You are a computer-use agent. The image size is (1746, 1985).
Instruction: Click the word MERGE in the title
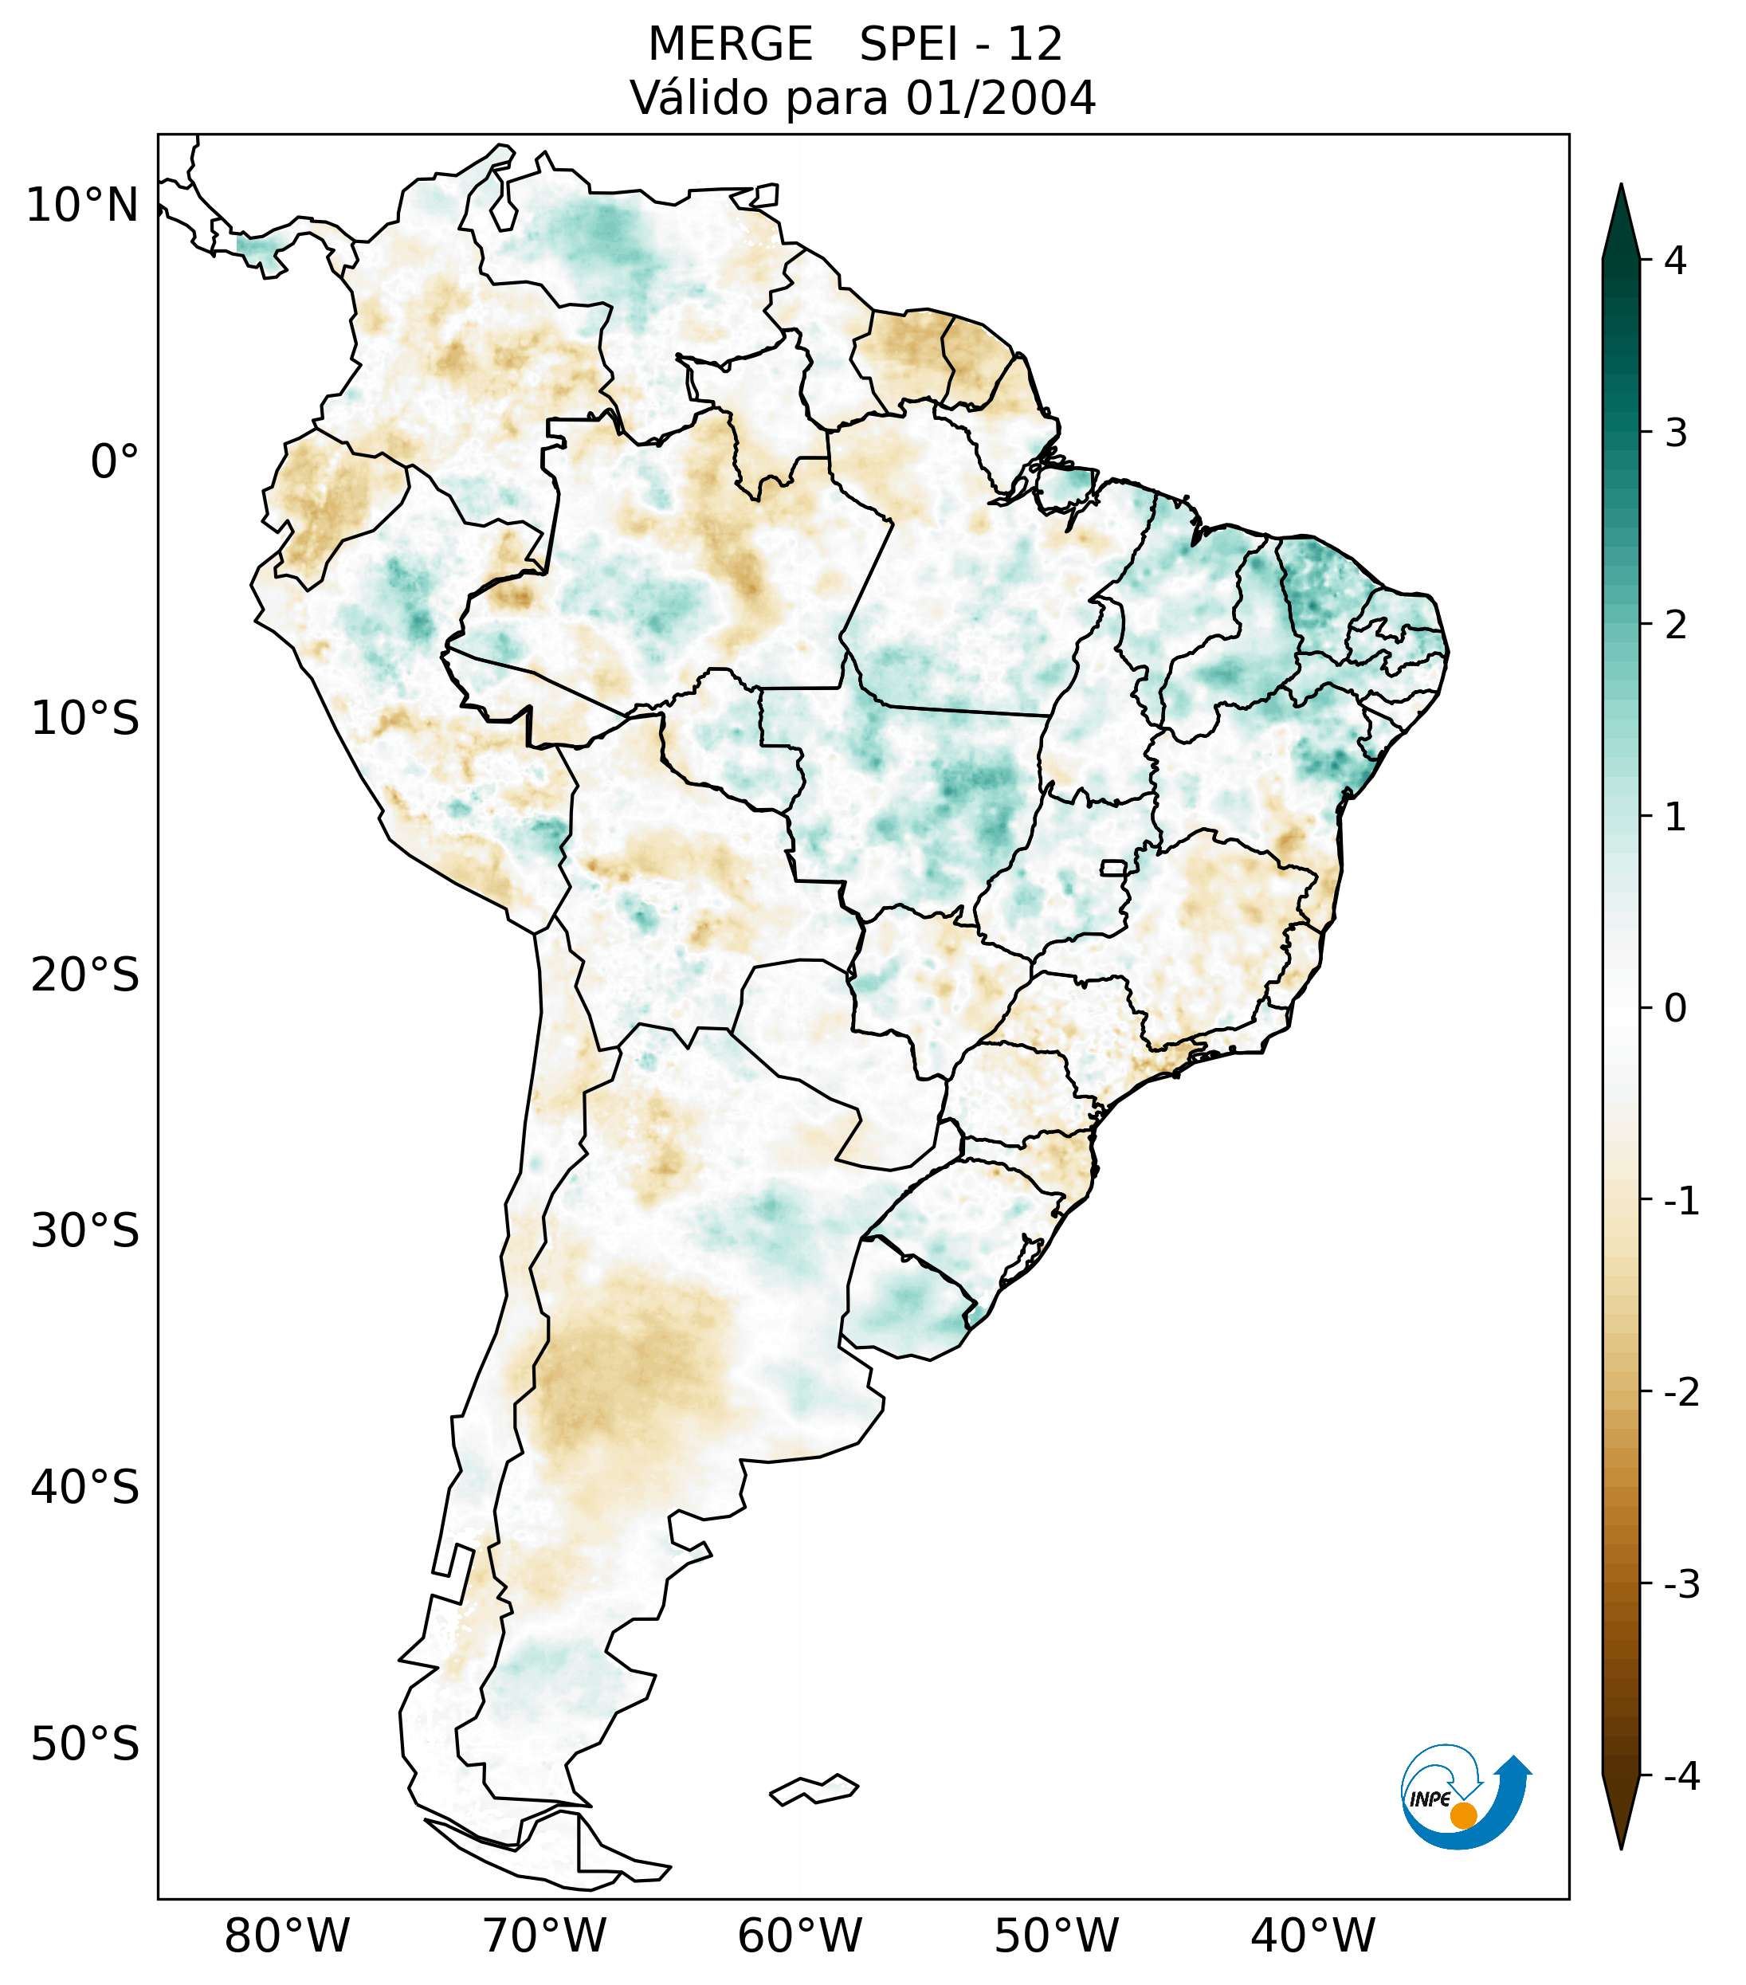(x=729, y=45)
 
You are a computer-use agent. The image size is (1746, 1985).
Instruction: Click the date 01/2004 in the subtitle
(x=1000, y=98)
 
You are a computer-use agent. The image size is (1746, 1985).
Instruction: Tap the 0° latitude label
(x=115, y=462)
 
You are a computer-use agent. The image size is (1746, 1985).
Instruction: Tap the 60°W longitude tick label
(x=799, y=1936)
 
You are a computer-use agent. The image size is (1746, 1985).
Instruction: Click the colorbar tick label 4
(x=1675, y=261)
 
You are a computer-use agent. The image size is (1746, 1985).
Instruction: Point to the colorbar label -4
(x=1681, y=1777)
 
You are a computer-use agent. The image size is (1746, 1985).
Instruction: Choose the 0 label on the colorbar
(x=1675, y=1009)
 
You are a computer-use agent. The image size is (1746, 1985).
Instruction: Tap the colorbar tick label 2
(x=1675, y=626)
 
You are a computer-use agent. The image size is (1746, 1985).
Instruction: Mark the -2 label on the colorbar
(x=1681, y=1393)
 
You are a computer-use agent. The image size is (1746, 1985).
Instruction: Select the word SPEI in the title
(x=909, y=45)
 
